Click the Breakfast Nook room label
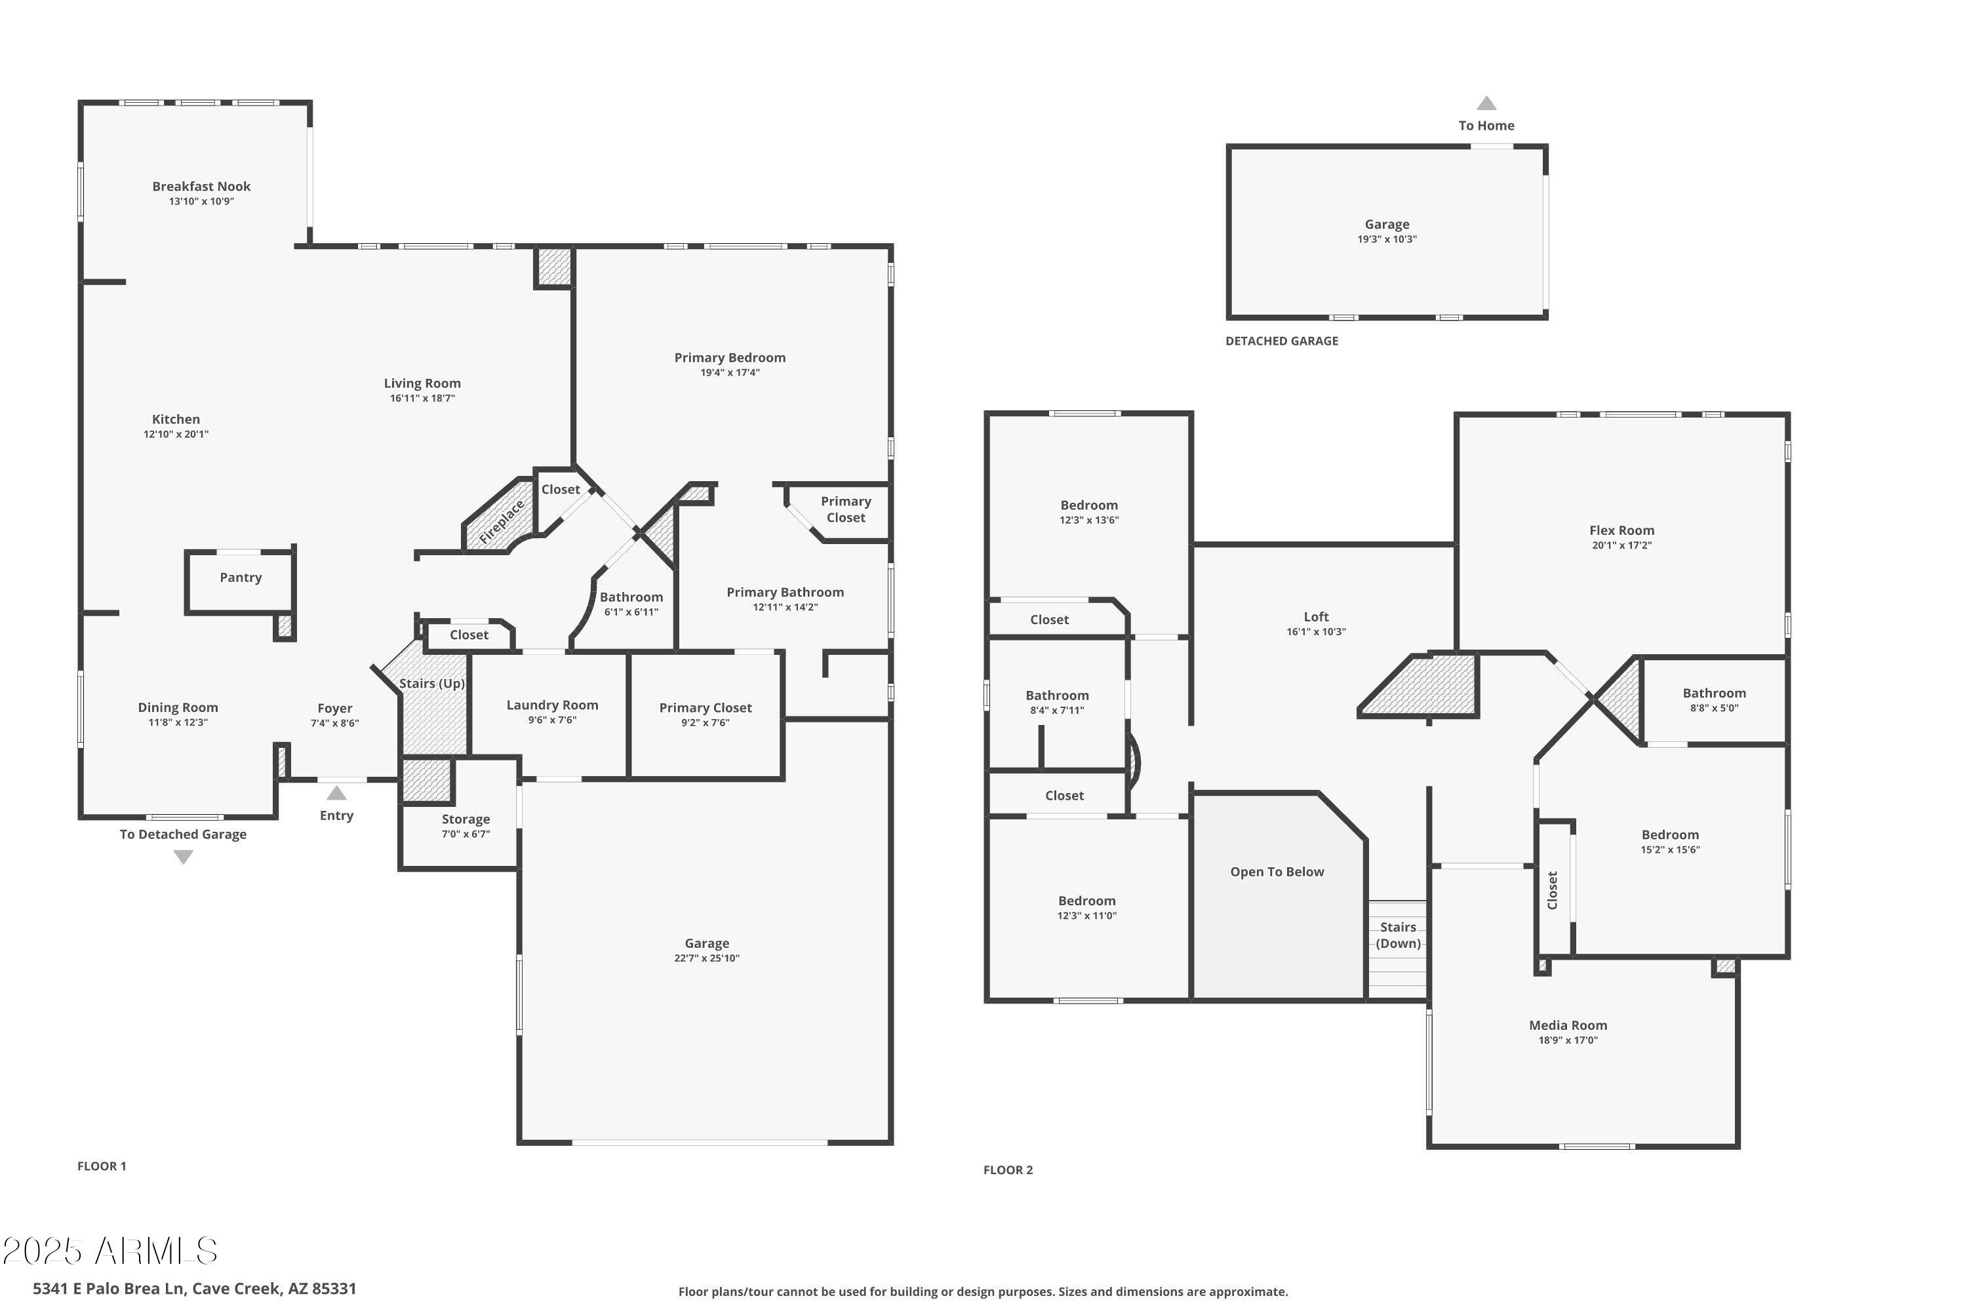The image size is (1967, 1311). [x=201, y=186]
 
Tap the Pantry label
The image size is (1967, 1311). [x=241, y=577]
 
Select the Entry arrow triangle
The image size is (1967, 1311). [x=336, y=793]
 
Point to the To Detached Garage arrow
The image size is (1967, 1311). [x=183, y=857]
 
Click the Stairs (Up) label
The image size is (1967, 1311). [x=431, y=683]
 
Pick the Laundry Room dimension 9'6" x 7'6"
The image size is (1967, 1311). [x=552, y=720]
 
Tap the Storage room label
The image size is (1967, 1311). [x=466, y=819]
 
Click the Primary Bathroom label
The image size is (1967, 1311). [x=784, y=592]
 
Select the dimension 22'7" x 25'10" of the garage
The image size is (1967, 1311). [x=707, y=958]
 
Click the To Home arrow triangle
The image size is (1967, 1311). [x=1486, y=104]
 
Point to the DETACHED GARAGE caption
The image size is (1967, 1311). [x=1281, y=341]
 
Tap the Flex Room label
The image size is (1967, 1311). [x=1621, y=530]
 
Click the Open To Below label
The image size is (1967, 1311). [x=1277, y=872]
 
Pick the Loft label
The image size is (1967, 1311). [x=1315, y=616]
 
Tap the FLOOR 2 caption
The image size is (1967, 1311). [x=1008, y=1169]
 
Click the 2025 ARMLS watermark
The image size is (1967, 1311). [x=110, y=1251]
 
